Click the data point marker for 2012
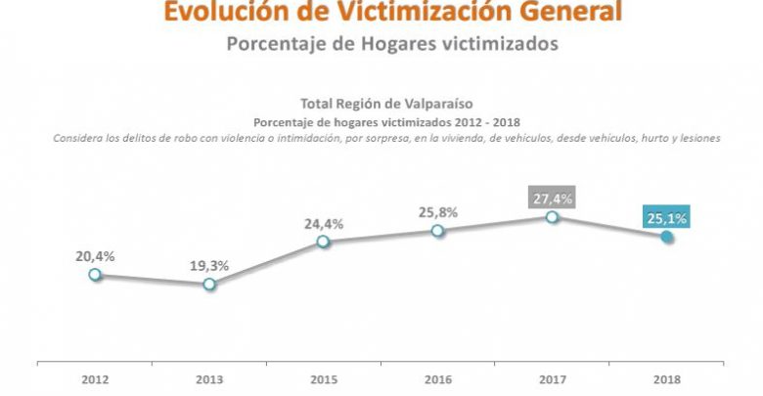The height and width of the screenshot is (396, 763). coord(95,275)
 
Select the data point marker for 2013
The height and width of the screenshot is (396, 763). coord(209,285)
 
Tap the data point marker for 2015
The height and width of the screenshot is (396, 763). coord(324,242)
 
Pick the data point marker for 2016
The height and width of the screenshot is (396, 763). coord(437,231)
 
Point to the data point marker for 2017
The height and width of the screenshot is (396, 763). coord(552,217)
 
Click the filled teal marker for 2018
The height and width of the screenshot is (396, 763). coord(666,237)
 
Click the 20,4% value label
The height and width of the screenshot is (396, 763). coord(95,256)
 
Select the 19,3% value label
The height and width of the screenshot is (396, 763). coord(209,266)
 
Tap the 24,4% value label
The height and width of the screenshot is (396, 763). coord(324,223)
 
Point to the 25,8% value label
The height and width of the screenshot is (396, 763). coord(437,212)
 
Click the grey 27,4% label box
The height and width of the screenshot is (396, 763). coord(552,198)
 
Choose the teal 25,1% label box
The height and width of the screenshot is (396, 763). coord(666,216)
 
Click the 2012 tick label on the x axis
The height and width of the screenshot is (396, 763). coord(95,379)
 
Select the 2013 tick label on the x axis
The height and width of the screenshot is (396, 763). coord(209,379)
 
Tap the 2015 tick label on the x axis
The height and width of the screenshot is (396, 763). coord(324,379)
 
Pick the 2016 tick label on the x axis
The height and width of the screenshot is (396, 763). coord(437,379)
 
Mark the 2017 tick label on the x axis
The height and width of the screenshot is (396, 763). coord(552,379)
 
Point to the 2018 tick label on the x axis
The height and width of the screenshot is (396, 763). coord(666,379)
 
